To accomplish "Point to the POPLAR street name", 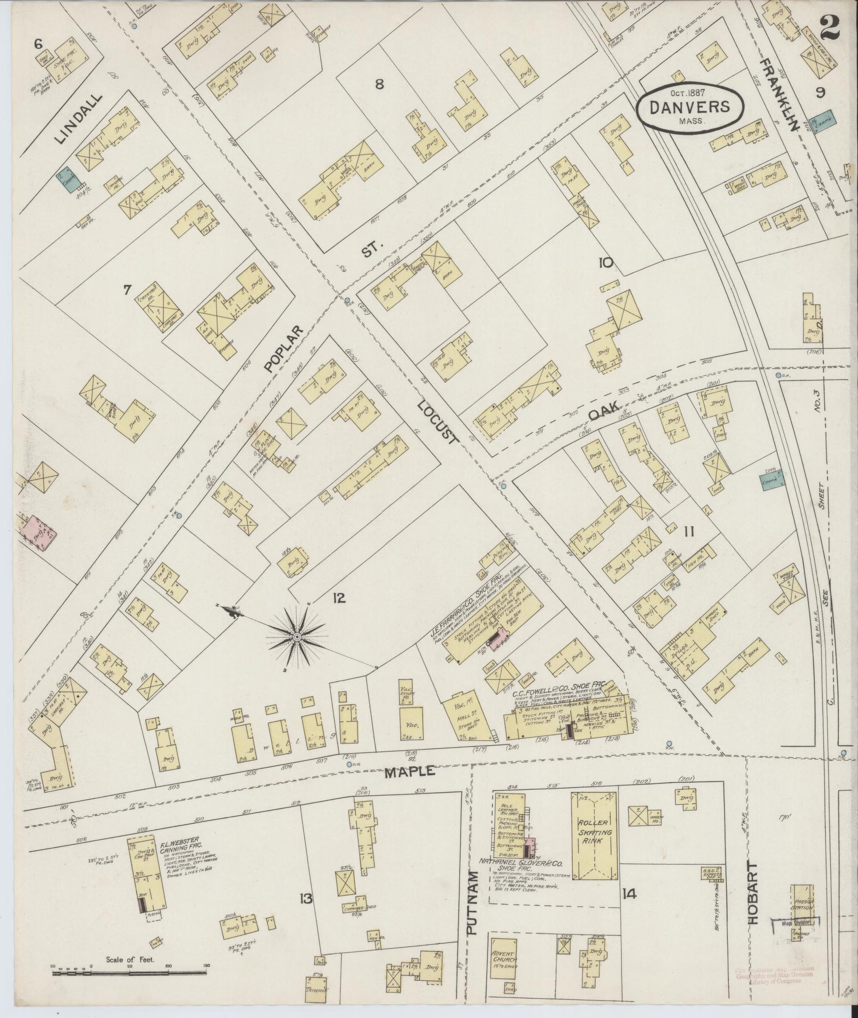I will [283, 348].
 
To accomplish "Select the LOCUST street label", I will [437, 423].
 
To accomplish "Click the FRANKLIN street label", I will [779, 96].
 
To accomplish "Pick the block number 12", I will [339, 598].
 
